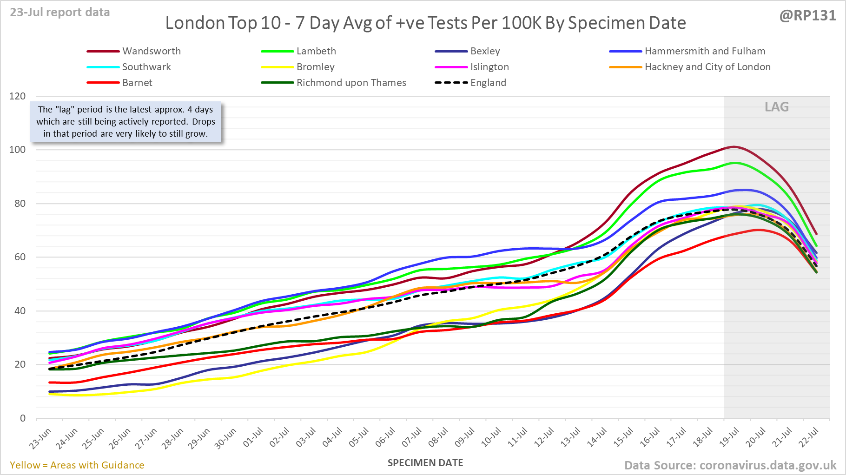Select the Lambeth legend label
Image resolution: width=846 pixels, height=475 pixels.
[x=316, y=51]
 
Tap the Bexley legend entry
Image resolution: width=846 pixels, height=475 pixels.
[x=485, y=51]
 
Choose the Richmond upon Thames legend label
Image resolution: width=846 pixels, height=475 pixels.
[x=351, y=83]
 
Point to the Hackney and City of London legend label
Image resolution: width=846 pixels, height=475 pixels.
[x=707, y=67]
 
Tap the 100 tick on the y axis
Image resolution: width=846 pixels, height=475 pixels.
[x=18, y=150]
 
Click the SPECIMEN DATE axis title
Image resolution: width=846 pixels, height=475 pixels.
[x=425, y=463]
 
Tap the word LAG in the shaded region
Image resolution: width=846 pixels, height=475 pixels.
[x=777, y=107]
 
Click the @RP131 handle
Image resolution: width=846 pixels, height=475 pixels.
[x=807, y=16]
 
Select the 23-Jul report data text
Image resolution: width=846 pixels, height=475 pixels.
[x=60, y=13]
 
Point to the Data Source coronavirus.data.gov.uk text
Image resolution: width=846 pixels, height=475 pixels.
[x=730, y=465]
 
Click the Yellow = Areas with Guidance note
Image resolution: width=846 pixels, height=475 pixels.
[x=77, y=465]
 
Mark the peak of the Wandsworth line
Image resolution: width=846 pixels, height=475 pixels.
[x=734, y=147]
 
